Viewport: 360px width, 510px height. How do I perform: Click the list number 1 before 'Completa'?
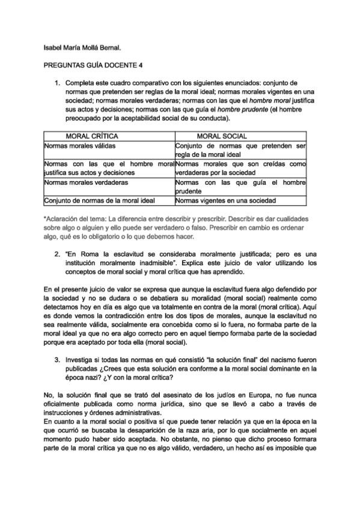[x=58, y=82]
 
